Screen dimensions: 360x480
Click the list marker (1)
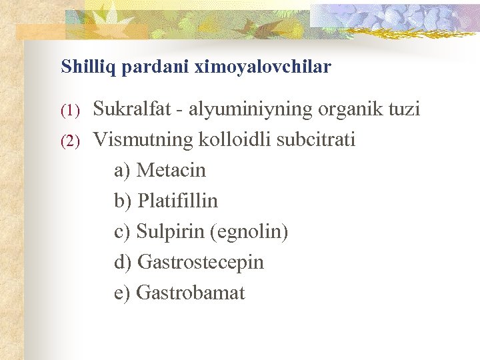click(71, 110)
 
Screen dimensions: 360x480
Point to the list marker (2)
click(71, 141)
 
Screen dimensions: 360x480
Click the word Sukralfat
click(131, 109)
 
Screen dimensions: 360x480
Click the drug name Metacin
click(171, 171)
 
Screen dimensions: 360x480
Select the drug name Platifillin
click(177, 201)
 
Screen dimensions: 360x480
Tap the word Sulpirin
click(171, 232)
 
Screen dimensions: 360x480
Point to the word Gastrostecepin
click(201, 263)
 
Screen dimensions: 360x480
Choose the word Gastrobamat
click(191, 293)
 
